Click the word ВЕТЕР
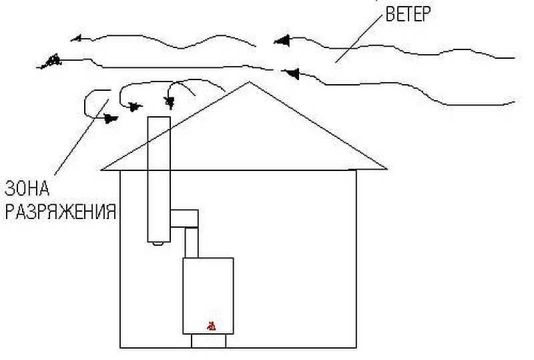408,14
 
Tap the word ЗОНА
27,188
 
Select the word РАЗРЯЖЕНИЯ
61,212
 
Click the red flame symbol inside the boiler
212,326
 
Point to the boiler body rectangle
208,296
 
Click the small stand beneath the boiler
208,341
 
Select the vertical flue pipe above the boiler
192,242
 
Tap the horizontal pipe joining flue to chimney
184,218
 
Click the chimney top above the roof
159,117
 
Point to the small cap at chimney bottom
157,244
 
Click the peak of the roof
250,81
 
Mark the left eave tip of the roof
102,170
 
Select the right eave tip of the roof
386,168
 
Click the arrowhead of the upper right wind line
282,41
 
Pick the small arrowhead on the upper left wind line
76,38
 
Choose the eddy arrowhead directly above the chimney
170,102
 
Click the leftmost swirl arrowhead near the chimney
110,119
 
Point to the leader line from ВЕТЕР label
359,39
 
